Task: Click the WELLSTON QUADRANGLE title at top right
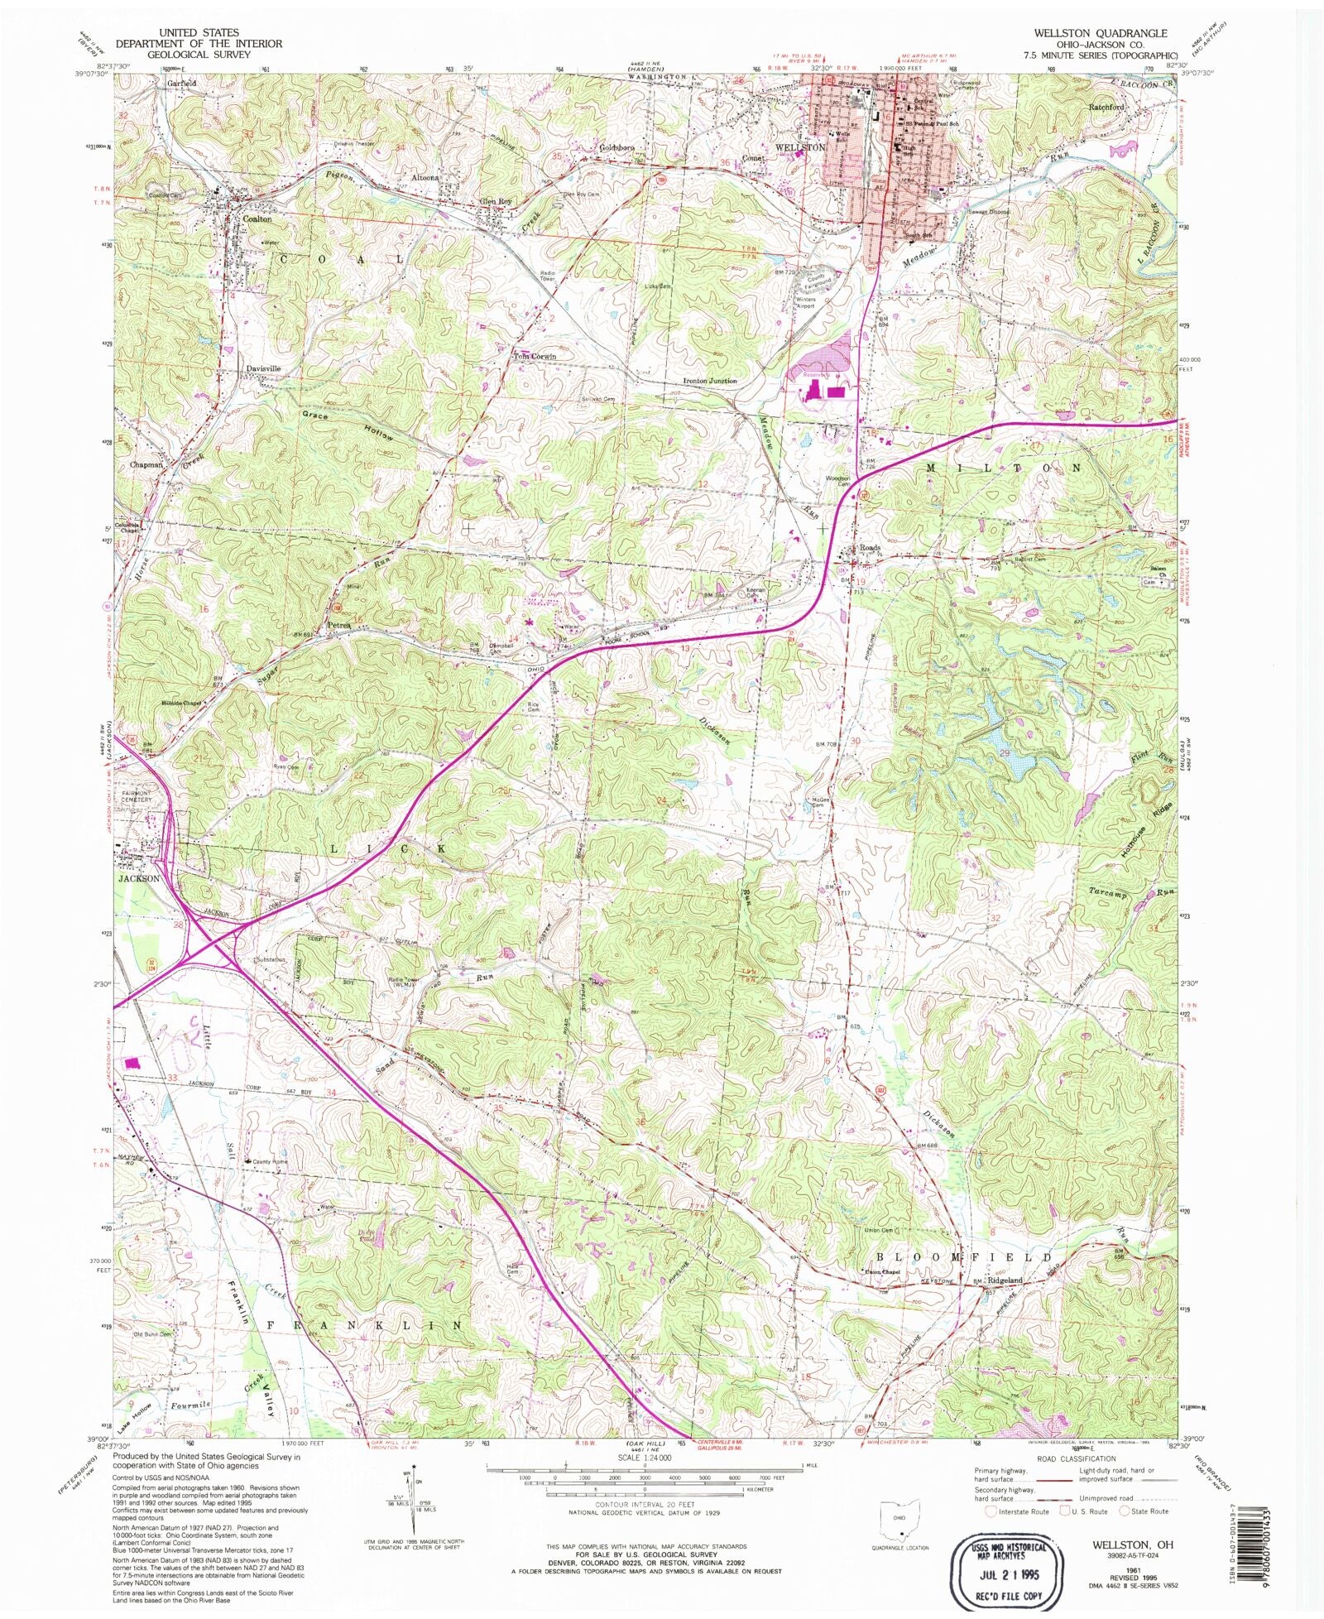tap(1100, 33)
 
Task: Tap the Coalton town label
tap(257, 219)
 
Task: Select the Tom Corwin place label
tap(535, 357)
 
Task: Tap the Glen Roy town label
tap(496, 201)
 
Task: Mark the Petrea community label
tap(339, 624)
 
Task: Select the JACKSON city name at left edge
tap(138, 878)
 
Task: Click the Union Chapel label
tap(880, 1272)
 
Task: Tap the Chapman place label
tap(146, 465)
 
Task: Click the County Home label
tap(271, 1161)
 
